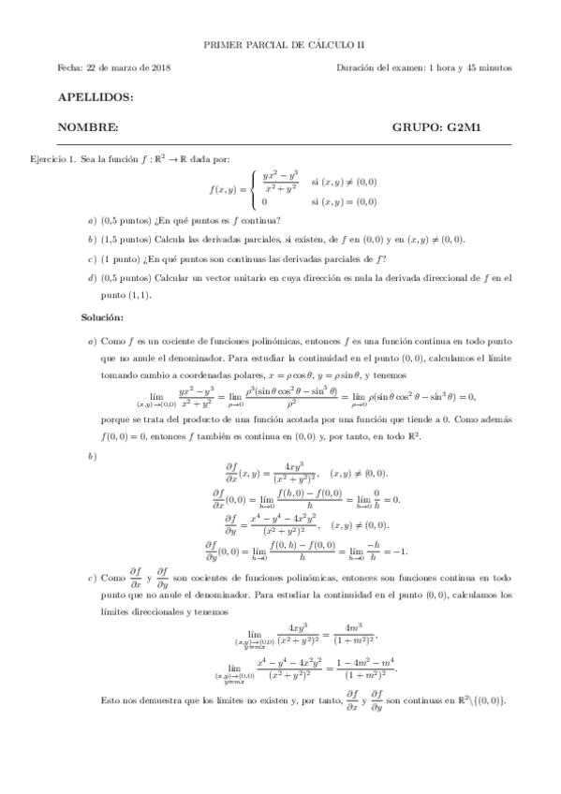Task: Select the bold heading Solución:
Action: (x=101, y=316)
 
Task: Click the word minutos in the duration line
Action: (x=494, y=68)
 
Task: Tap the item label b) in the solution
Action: (x=91, y=456)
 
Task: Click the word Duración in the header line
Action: (x=359, y=68)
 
